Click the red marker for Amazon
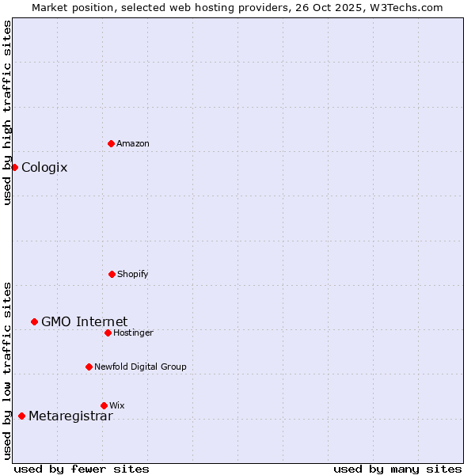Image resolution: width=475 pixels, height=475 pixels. point(111,143)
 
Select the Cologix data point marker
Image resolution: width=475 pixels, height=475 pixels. point(14,167)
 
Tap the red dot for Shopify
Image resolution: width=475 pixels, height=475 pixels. point(112,274)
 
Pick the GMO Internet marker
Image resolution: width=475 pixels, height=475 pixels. point(34,321)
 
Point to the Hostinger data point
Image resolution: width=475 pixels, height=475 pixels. point(108,332)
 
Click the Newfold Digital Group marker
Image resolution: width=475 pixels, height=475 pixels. point(89,367)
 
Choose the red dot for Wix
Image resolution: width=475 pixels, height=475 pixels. point(104,405)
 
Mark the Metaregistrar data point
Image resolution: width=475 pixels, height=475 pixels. point(21,416)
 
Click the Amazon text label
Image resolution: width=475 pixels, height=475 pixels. point(133,143)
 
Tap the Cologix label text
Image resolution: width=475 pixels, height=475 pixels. point(44,167)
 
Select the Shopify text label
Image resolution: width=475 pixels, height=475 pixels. point(133,274)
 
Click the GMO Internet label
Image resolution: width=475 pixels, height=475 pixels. point(84,321)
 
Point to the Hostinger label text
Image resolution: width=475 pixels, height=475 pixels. point(133,332)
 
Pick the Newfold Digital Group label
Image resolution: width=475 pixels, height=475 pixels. point(140,367)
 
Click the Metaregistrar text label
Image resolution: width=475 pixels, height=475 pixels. point(70,416)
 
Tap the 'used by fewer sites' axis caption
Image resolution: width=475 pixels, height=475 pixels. point(82,469)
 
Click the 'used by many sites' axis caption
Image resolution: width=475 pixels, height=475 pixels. point(397,469)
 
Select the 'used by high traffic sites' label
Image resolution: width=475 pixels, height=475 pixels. point(7,113)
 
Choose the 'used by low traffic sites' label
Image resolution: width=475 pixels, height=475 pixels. point(7,370)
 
